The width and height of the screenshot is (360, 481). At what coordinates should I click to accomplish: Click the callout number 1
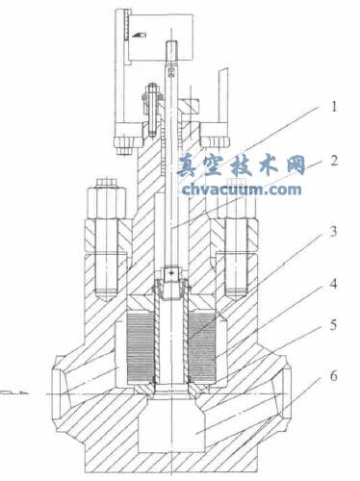coord(334,107)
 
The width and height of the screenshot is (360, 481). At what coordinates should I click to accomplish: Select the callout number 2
coord(334,161)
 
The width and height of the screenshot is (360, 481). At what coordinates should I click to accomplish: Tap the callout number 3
coord(334,231)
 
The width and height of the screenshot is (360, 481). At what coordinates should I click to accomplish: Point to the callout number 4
coord(334,284)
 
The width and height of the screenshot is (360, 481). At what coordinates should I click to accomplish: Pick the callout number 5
coord(334,324)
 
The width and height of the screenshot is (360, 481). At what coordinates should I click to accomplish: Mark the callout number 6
coord(334,376)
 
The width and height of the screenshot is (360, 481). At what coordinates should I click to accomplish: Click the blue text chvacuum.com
coord(242,190)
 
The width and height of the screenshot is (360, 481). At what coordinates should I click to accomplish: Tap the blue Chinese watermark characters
coord(241,165)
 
